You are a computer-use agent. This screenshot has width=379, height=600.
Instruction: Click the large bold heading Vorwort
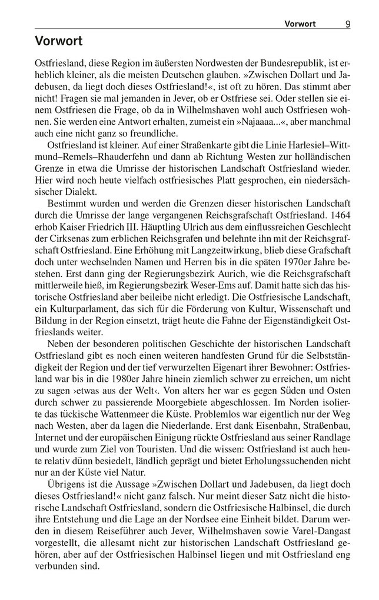click(59, 41)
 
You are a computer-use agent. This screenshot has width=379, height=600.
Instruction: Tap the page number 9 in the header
click(348, 24)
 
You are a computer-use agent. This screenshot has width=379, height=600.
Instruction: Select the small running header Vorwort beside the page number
click(300, 24)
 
